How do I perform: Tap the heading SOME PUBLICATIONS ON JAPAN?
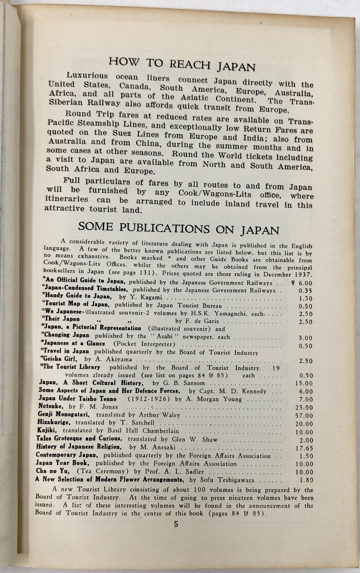[x=179, y=228]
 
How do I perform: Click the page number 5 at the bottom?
[x=176, y=524]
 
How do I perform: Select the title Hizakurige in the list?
[x=55, y=422]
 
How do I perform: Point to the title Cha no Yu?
[x=50, y=471]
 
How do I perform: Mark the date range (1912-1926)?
[x=150, y=399]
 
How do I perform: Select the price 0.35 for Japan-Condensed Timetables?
[x=306, y=291]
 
